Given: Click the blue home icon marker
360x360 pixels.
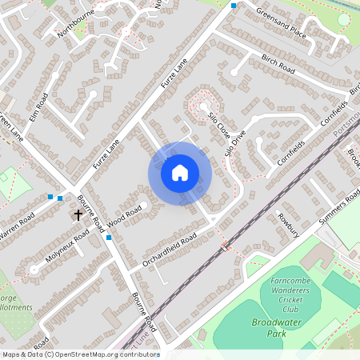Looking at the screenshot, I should (x=180, y=172).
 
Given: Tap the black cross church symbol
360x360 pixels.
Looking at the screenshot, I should (x=78, y=214).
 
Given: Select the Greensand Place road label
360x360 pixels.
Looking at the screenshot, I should (x=281, y=24).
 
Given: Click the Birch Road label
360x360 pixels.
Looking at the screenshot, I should (x=278, y=64).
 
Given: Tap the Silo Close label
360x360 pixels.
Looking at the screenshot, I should (x=218, y=123).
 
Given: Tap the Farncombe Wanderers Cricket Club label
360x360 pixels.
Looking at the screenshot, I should (x=278, y=295).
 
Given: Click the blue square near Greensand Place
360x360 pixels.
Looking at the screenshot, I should (x=234, y=6).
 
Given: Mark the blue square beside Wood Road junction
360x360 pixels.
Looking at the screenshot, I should (x=109, y=237).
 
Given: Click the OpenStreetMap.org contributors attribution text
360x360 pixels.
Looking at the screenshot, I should (x=80, y=354).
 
